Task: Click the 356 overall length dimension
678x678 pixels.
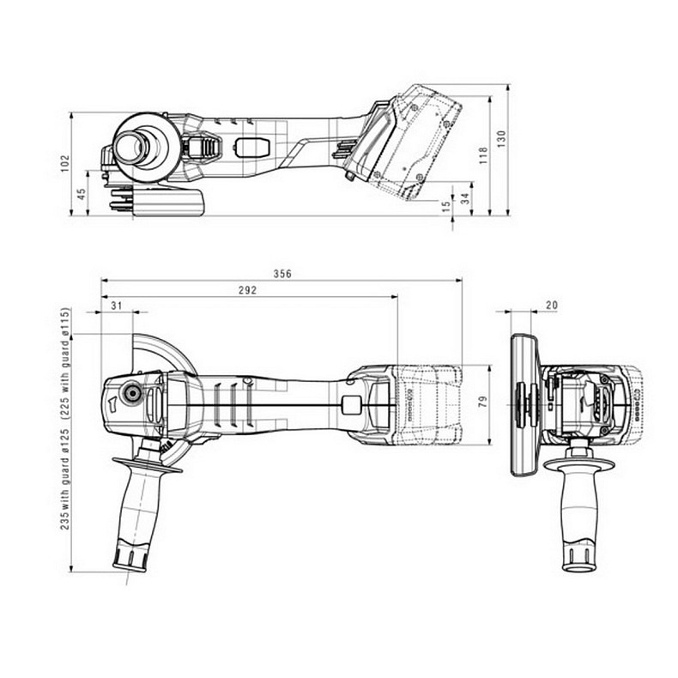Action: [282, 274]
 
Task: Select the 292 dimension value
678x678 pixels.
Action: [247, 291]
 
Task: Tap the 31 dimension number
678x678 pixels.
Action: [117, 306]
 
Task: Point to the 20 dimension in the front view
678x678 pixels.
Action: [552, 306]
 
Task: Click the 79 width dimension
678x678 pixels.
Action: [483, 402]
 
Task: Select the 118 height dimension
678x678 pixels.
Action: [483, 154]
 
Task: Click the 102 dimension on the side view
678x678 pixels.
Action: [64, 163]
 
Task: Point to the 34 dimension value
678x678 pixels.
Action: [464, 198]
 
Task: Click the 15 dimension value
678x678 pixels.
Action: [445, 206]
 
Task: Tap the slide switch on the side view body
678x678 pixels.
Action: [251, 148]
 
